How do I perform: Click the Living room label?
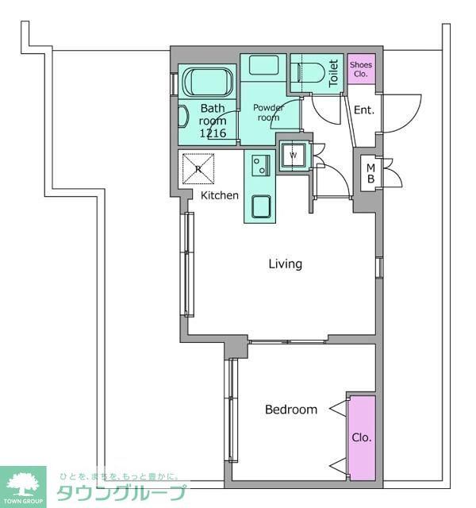coord(286,264)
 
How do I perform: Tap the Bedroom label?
coord(291,410)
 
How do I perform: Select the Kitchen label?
coord(220,195)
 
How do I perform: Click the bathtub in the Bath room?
coord(209,82)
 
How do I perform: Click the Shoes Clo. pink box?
coord(362,69)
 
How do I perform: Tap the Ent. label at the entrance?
coord(364,110)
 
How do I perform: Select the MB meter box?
coord(370,173)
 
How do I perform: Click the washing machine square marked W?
coord(293,156)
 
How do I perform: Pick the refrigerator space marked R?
coord(198,168)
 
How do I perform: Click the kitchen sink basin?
coord(261,206)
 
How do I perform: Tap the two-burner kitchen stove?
coord(261,165)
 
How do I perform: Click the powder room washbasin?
coord(263,65)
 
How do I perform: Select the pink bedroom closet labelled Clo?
coord(363,437)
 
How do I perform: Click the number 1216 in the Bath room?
coord(213,133)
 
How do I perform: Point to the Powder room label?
coord(268,112)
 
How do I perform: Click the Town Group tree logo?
coord(23,485)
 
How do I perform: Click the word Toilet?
coord(333,73)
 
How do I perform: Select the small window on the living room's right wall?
coord(379,267)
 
